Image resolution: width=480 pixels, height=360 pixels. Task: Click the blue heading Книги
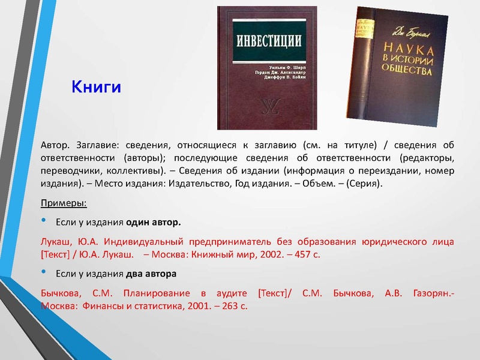click(97, 88)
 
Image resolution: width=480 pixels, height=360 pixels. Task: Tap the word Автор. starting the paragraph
click(55, 145)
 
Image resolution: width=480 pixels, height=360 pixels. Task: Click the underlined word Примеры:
click(63, 202)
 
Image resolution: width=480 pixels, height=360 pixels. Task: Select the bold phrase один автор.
click(153, 222)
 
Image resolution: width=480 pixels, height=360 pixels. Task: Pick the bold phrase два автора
click(151, 274)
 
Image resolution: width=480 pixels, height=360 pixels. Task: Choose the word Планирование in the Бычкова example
click(157, 293)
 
